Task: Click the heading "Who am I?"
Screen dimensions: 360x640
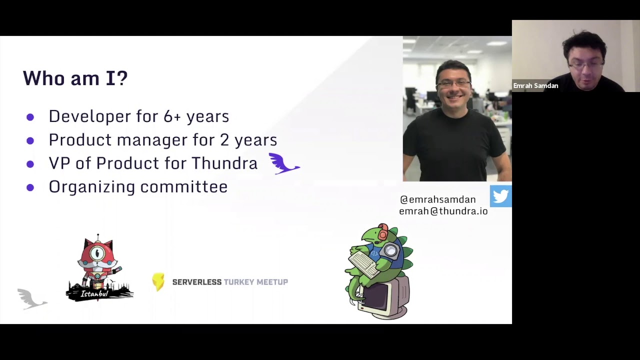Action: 75,78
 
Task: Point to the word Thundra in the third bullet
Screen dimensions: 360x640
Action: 224,163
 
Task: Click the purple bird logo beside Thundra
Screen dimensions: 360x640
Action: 283,163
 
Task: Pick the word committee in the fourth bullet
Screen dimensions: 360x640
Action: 183,187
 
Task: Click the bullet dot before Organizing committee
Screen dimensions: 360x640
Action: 30,187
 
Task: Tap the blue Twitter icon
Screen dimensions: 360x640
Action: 500,196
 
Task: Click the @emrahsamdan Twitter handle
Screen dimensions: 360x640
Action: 437,199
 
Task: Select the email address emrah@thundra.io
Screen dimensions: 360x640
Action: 443,211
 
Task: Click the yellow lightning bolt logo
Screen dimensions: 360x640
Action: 158,282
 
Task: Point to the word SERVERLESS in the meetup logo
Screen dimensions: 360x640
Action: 196,282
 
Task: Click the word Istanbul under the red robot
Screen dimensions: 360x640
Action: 94,294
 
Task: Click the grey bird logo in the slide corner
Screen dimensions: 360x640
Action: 31,298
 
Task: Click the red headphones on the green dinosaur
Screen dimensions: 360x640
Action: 383,231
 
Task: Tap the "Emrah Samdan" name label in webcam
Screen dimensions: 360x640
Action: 535,86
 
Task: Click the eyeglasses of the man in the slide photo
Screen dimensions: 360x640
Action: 453,84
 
